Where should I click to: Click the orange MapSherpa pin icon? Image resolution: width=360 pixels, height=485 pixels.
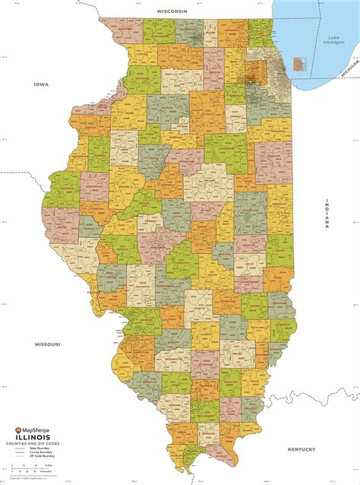[19, 430]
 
